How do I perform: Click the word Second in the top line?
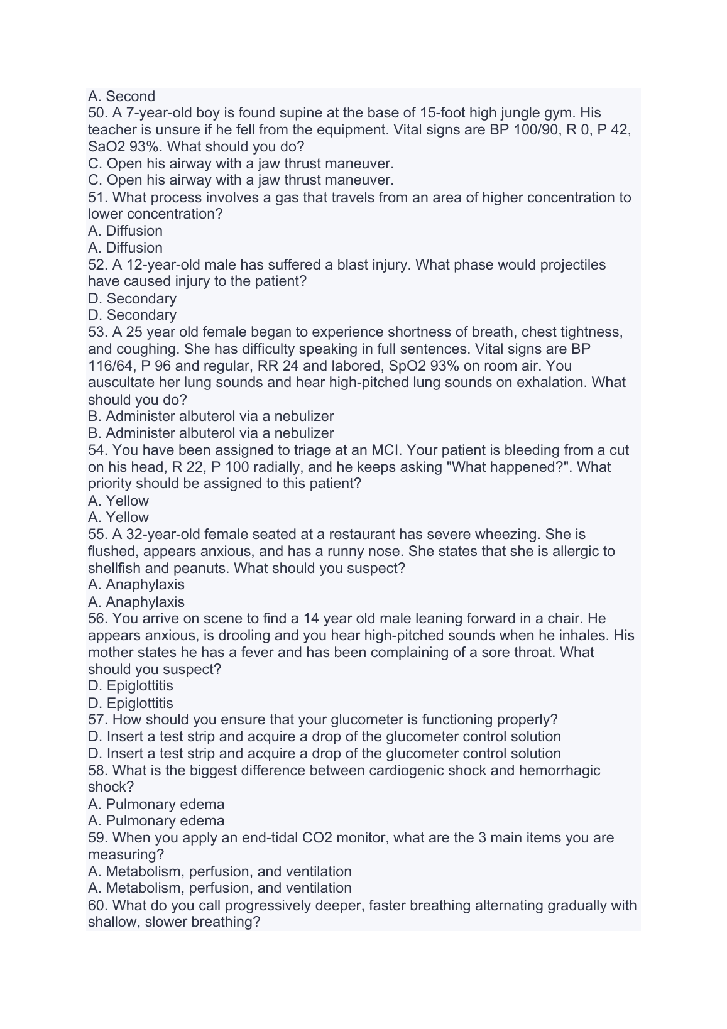[130, 96]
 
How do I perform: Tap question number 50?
[97, 113]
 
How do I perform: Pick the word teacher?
[111, 130]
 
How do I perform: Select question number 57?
[97, 719]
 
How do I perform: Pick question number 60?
[97, 905]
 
